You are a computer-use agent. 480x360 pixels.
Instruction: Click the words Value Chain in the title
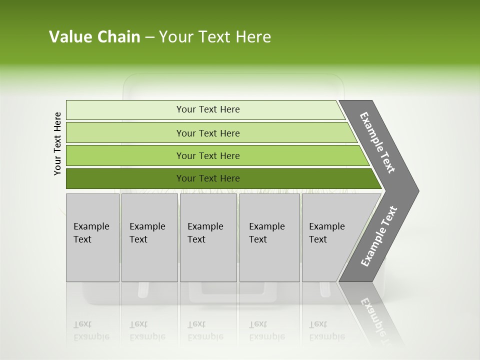coord(94,37)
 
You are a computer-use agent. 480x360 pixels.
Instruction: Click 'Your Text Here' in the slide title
coord(215,37)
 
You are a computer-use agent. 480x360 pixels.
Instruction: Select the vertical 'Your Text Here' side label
coord(57,143)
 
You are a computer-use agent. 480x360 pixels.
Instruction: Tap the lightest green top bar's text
coord(208,109)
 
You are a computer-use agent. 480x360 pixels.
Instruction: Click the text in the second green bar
coord(208,133)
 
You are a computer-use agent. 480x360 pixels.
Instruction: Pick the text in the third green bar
coord(208,156)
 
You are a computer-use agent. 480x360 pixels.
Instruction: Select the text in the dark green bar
coord(208,178)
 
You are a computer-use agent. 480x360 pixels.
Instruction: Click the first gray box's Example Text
coord(91,233)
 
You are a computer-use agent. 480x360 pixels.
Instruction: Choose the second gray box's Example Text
coord(147,233)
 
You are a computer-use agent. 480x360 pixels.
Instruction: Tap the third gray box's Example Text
coord(205,233)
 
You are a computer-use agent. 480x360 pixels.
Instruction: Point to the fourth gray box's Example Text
coord(266,233)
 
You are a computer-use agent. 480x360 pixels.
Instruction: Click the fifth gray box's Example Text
coord(326,233)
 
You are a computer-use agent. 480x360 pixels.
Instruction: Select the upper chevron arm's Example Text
coord(377,142)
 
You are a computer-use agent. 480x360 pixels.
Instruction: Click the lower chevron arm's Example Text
coord(378,236)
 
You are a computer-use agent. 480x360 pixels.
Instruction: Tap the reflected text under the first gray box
coord(91,330)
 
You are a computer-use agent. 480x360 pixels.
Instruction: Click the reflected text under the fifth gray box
coord(326,330)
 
